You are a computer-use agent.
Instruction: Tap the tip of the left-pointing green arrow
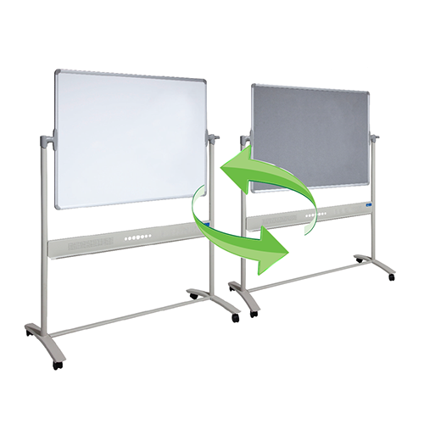(x=223, y=172)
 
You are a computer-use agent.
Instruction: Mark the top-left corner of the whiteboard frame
(x=56, y=72)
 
